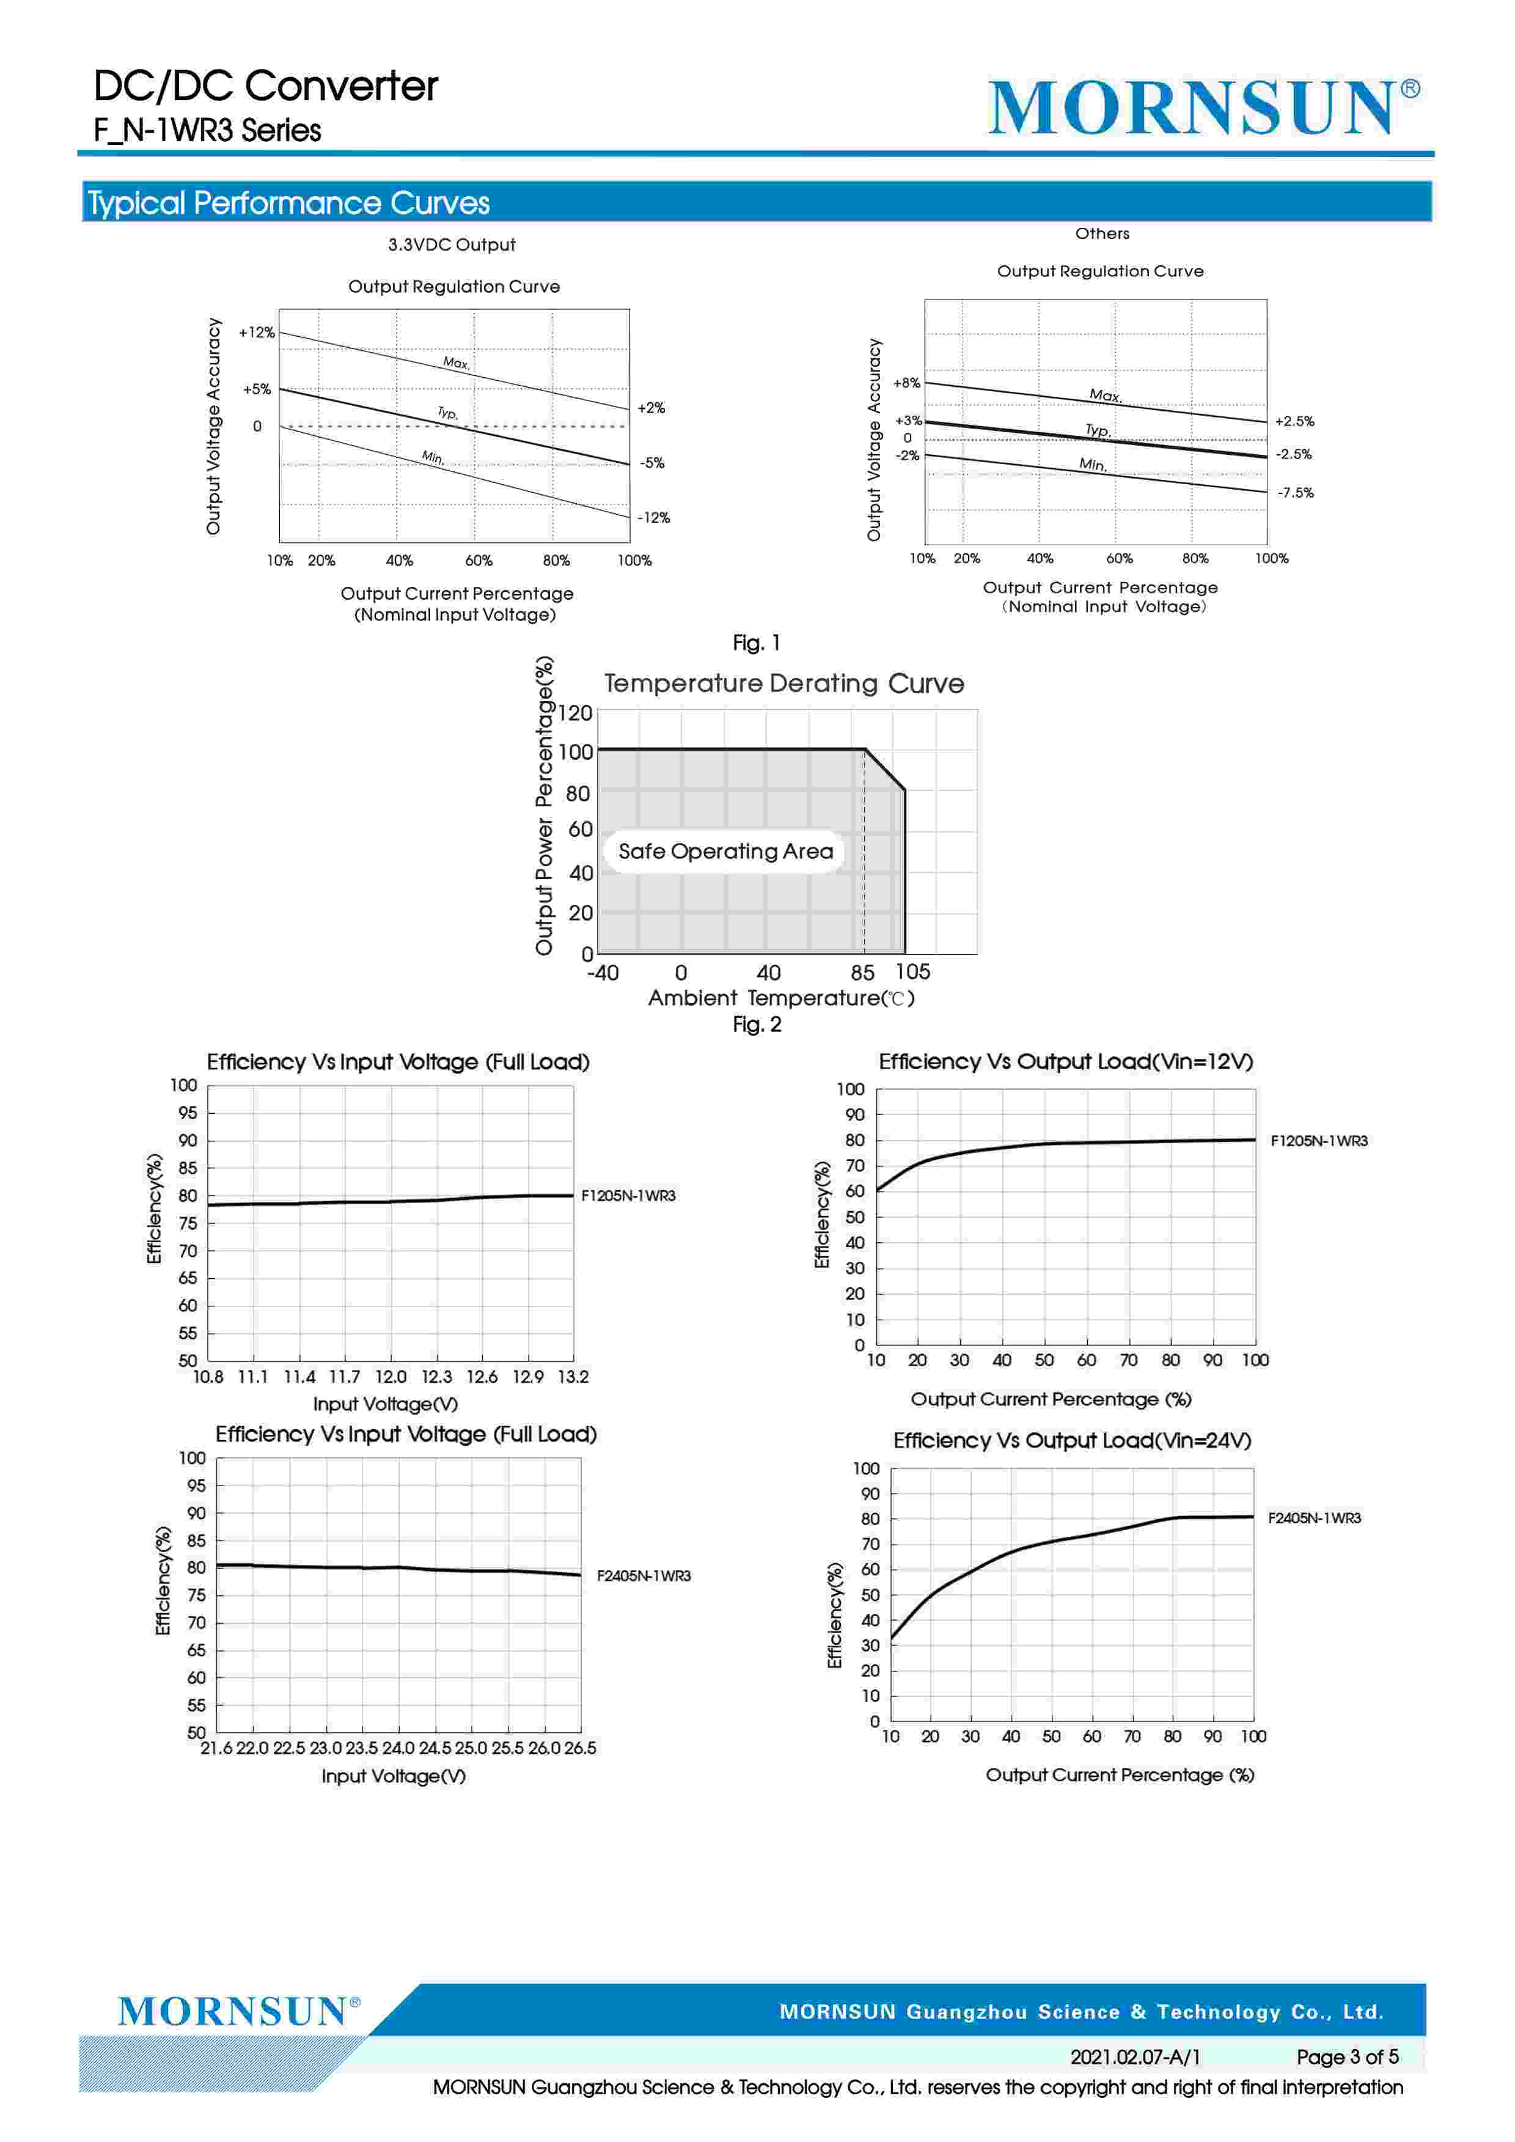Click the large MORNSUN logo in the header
[x=1201, y=108]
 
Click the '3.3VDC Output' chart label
[x=452, y=245]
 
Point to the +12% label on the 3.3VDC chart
[x=257, y=332]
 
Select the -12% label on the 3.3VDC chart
[x=653, y=518]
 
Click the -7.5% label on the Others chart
[x=1295, y=493]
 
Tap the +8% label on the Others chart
[x=906, y=383]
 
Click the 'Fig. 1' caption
[x=755, y=643]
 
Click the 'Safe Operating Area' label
[x=725, y=851]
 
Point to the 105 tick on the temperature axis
[x=912, y=972]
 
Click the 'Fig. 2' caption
[x=755, y=1025]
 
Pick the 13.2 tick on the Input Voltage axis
[x=573, y=1377]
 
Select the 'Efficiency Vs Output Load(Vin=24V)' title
[x=1072, y=1440]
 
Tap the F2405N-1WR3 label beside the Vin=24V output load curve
[x=1313, y=1518]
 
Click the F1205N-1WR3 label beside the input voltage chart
[x=628, y=1196]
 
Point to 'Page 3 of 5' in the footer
[x=1346, y=2056]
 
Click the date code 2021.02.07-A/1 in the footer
[x=1134, y=2056]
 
